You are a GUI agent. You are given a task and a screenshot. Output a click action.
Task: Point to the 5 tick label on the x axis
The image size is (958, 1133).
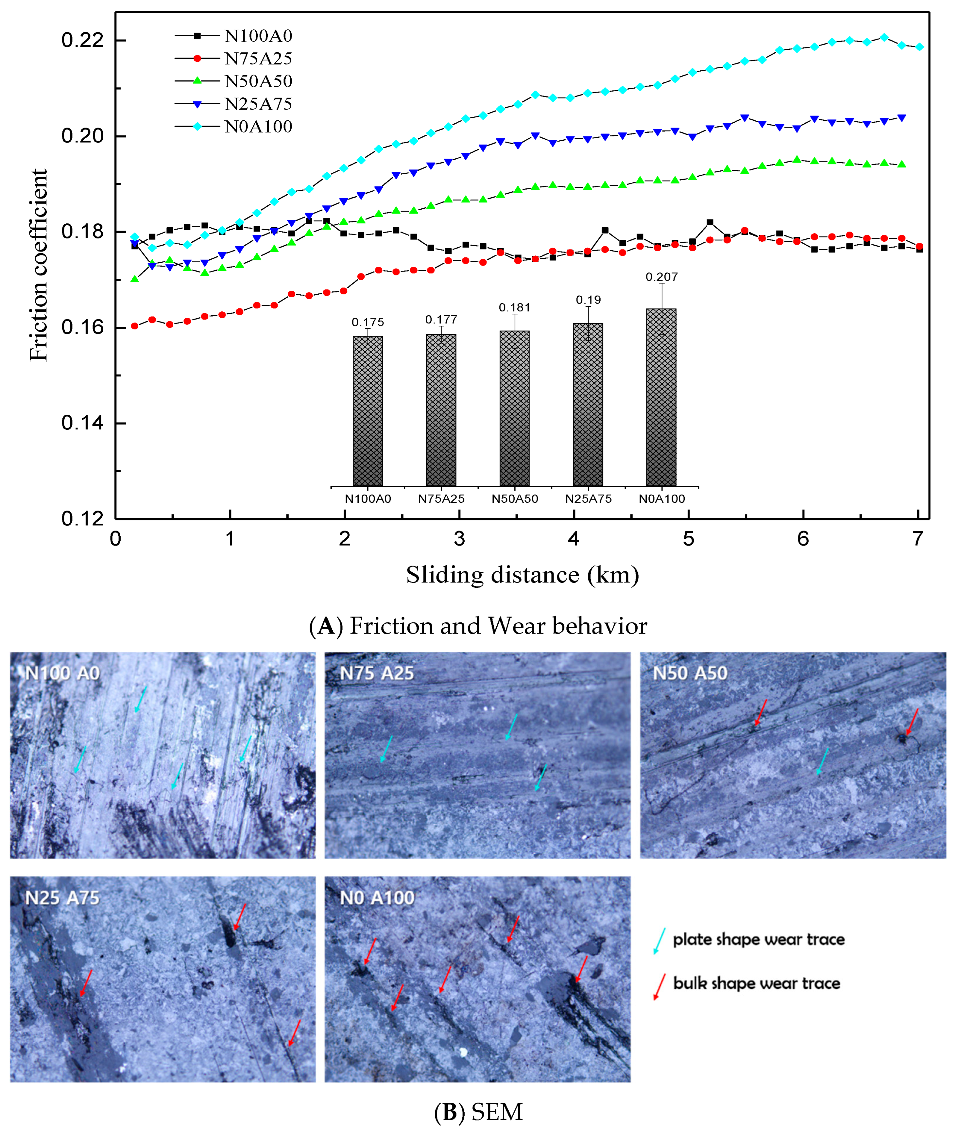pos(688,539)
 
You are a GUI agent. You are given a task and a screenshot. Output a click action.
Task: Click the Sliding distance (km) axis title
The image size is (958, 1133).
pos(522,575)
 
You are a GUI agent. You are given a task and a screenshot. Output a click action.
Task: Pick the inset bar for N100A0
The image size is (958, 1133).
pos(368,410)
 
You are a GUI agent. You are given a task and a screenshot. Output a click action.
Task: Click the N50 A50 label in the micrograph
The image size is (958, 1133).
pos(689,673)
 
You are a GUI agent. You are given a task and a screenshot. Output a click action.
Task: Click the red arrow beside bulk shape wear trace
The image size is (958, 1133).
pos(659,987)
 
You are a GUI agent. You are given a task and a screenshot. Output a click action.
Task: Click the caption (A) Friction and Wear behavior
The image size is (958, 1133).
pos(478,626)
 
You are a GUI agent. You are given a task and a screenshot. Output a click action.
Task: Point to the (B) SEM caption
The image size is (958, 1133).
pos(478,1112)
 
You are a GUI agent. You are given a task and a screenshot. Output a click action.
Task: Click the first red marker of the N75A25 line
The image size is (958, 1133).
pos(135,326)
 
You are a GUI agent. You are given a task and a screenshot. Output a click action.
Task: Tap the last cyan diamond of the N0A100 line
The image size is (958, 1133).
pos(919,47)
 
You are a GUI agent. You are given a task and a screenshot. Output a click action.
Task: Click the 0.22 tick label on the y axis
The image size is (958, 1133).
pos(82,40)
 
